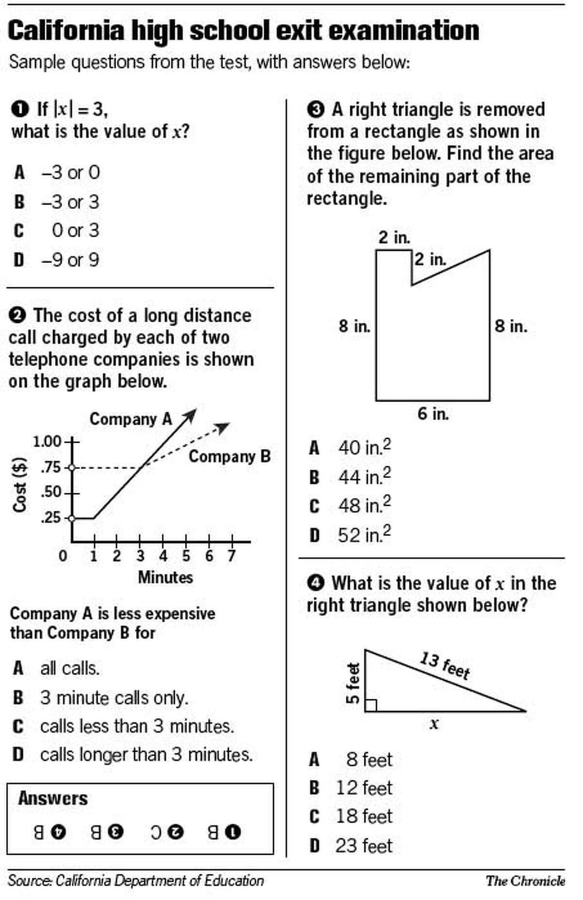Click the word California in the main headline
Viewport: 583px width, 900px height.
pyautogui.click(x=66, y=31)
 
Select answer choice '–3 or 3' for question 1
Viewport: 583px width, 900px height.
pyautogui.click(x=70, y=202)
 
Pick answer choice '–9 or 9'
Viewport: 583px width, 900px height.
pyautogui.click(x=70, y=260)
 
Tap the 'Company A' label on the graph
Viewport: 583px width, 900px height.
pyautogui.click(x=131, y=419)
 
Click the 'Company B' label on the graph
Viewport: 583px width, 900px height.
pyautogui.click(x=229, y=456)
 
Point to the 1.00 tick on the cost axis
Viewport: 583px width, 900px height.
pyautogui.click(x=47, y=442)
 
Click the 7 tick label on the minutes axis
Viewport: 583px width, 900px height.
pyautogui.click(x=232, y=555)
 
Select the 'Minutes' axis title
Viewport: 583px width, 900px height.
pyautogui.click(x=165, y=577)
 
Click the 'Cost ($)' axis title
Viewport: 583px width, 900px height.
pyautogui.click(x=19, y=485)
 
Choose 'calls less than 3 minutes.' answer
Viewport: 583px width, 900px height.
pyautogui.click(x=137, y=727)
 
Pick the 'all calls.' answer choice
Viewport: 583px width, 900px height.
pyautogui.click(x=70, y=669)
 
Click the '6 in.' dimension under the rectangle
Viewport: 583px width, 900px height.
pyautogui.click(x=433, y=414)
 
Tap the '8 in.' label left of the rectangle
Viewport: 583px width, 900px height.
pyautogui.click(x=355, y=326)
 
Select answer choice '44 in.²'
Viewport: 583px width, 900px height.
pyautogui.click(x=364, y=477)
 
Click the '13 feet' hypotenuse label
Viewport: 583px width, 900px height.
pyautogui.click(x=445, y=666)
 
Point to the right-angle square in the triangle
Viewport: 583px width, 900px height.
pyautogui.click(x=371, y=705)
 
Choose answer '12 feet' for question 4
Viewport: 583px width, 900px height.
pyautogui.click(x=364, y=788)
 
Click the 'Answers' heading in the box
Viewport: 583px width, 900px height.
pyautogui.click(x=53, y=798)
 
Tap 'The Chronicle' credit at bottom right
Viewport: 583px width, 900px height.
pyautogui.click(x=525, y=881)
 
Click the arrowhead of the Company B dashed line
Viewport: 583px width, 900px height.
pyautogui.click(x=224, y=427)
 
